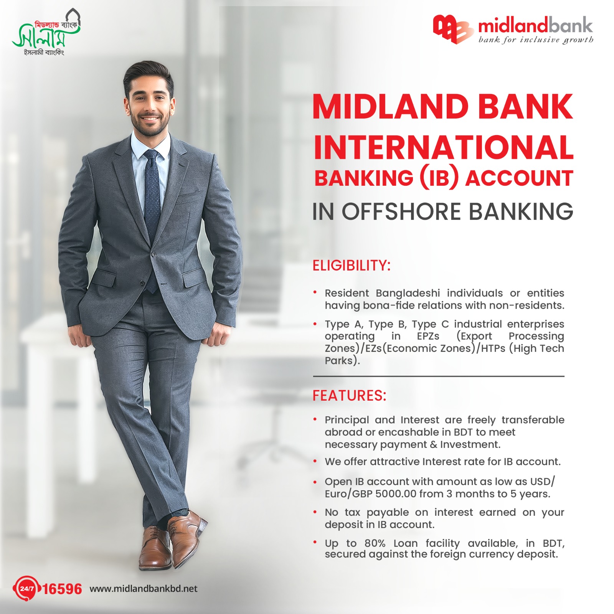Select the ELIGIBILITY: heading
point(352,266)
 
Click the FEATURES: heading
point(349,396)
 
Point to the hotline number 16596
point(62,589)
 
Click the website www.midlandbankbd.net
point(144,589)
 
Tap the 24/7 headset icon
point(26,588)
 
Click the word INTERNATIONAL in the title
point(443,147)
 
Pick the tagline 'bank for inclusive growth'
point(536,40)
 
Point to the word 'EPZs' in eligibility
point(428,336)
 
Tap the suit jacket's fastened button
point(153,254)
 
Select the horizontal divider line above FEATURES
point(439,376)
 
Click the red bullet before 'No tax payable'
point(315,512)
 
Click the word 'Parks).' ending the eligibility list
point(342,361)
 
